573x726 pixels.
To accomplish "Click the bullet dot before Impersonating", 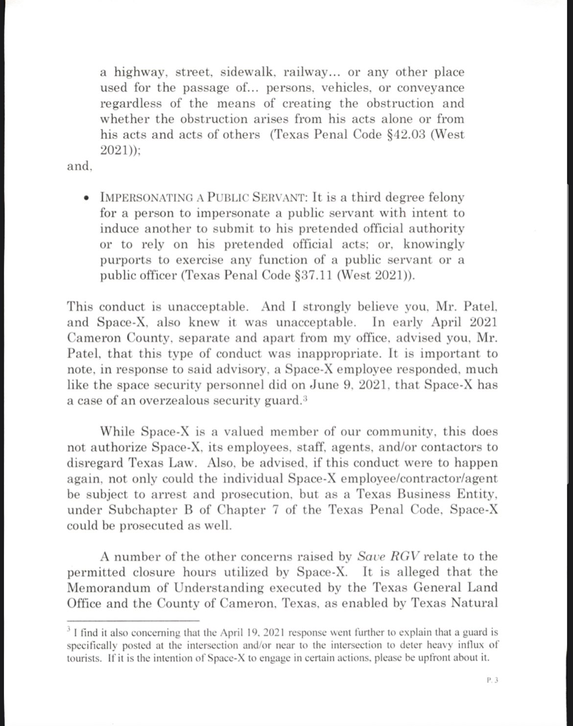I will tap(87, 198).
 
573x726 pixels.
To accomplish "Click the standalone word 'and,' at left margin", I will tap(79, 167).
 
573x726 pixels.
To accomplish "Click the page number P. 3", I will tap(492, 680).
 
